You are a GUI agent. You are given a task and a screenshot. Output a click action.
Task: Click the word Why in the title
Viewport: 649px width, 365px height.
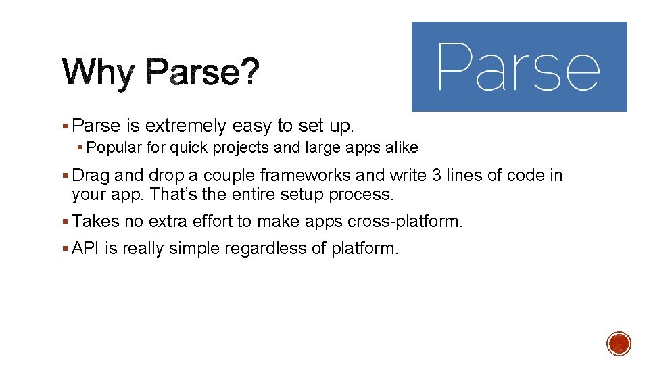98,73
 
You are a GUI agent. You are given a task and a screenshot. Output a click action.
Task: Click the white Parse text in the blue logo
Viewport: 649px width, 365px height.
519,66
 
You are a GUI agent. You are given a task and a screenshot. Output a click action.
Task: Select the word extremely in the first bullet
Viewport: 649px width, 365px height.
187,126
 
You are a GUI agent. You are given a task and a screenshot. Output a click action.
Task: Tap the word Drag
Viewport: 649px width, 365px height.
91,176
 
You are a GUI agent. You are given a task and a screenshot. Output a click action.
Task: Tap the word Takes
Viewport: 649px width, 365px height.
95,222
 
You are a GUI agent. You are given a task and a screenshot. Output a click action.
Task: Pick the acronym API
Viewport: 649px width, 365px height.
86,249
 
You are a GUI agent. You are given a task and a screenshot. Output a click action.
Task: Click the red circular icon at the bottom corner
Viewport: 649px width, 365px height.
619,343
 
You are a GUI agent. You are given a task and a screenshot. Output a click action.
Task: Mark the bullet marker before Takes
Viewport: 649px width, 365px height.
65,222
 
